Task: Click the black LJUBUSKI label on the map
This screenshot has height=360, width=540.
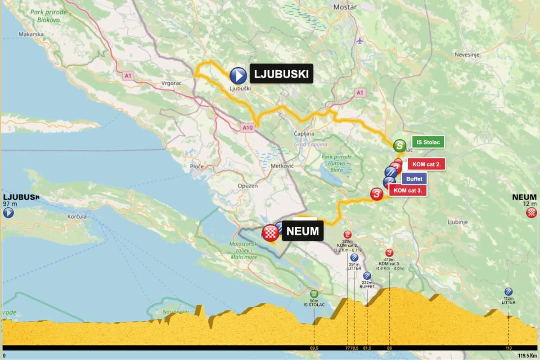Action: point(281,74)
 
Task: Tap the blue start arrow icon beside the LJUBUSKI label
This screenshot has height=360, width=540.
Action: point(238,76)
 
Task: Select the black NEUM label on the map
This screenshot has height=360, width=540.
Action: point(302,231)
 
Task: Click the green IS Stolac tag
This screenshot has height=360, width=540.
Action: point(427,142)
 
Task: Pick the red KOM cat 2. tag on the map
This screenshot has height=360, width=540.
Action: point(426,164)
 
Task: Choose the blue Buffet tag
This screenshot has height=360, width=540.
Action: point(414,179)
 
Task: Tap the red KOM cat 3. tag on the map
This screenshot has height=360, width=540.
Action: point(407,190)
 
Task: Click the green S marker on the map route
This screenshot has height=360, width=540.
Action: point(399,146)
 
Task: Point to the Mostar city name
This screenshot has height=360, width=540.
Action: point(345,7)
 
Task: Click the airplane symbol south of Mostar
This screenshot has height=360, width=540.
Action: point(359,40)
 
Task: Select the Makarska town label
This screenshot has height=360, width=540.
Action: point(31,34)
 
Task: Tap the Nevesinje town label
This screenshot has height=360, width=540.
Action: point(467,54)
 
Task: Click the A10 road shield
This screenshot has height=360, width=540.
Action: point(247,128)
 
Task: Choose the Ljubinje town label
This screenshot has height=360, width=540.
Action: point(458,222)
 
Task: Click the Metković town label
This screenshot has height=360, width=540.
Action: point(283,166)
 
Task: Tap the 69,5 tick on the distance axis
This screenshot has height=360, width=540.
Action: point(314,348)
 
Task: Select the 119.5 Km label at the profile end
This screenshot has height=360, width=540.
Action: point(527,355)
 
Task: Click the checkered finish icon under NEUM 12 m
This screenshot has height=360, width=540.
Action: point(531,212)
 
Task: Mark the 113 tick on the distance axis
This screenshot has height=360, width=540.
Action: point(508,348)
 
